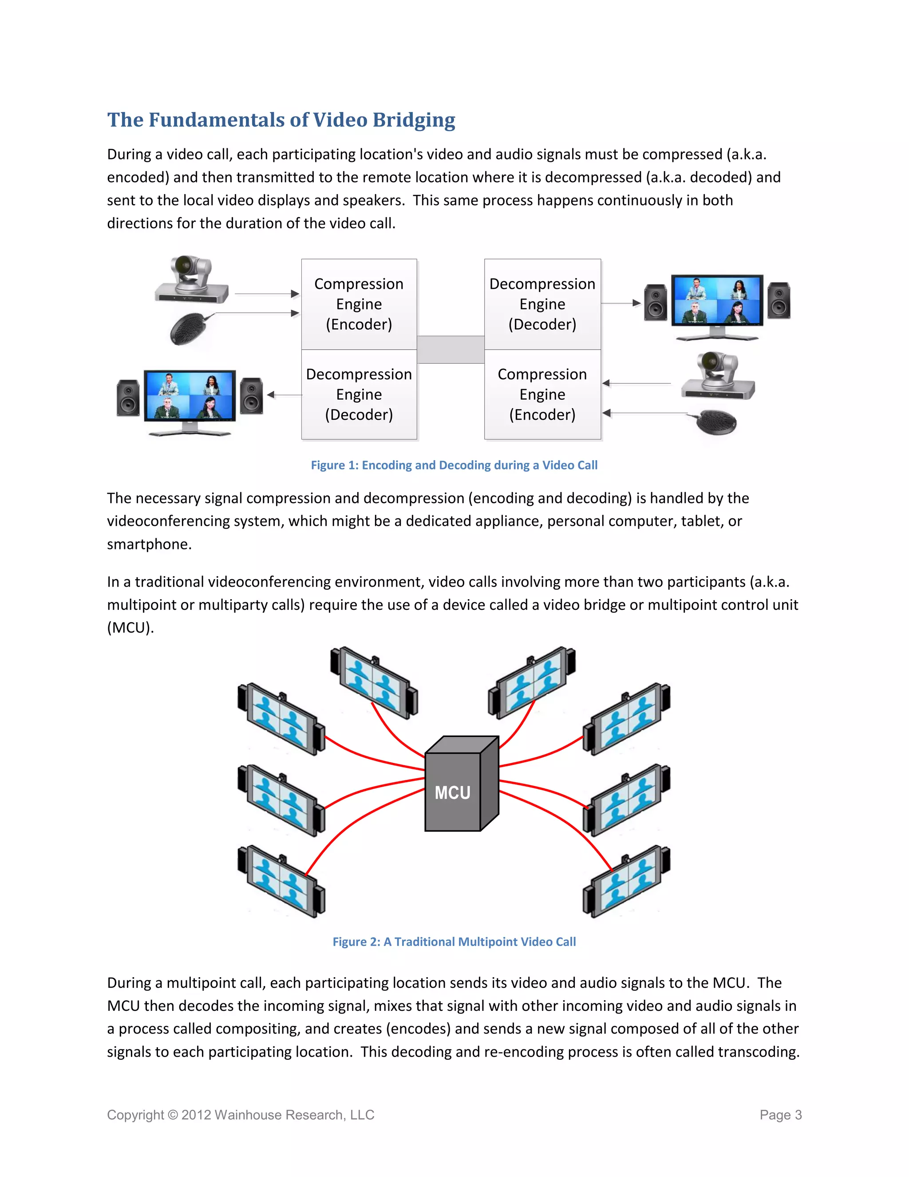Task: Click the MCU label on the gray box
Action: click(x=452, y=793)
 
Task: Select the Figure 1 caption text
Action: click(x=454, y=465)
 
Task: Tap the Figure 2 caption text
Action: click(x=454, y=942)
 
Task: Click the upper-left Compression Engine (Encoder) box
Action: click(x=359, y=304)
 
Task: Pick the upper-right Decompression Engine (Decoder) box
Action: click(x=542, y=304)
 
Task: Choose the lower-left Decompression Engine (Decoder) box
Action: click(x=359, y=394)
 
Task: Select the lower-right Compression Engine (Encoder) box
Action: click(x=542, y=394)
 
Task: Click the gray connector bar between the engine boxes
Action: click(x=451, y=349)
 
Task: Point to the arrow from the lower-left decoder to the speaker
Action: click(x=285, y=395)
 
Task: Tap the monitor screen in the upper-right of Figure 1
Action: click(x=717, y=300)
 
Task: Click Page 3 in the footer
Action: click(x=780, y=1115)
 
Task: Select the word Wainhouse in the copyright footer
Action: click(x=248, y=1115)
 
